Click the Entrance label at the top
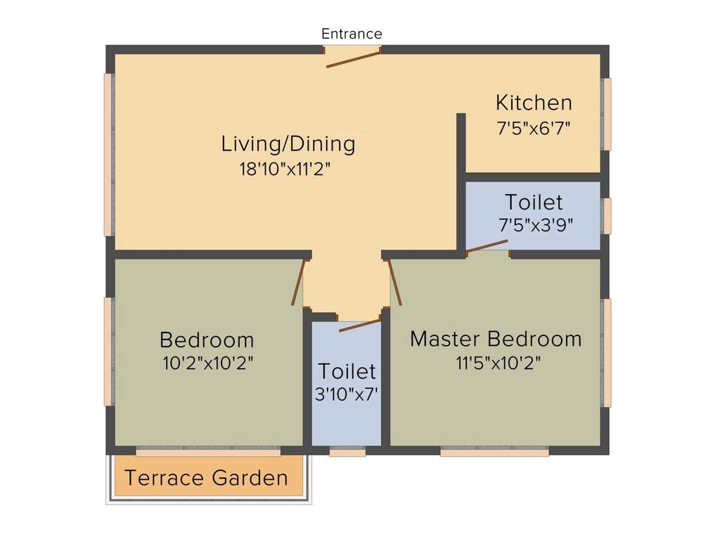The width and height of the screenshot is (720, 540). (352, 34)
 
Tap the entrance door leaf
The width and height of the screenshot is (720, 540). (353, 59)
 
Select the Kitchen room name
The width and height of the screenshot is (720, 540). (534, 103)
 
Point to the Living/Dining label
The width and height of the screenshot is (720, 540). (288, 144)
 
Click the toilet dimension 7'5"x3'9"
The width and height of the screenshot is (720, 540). (535, 225)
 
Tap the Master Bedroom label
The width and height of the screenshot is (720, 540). (496, 339)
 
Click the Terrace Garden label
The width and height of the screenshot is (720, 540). (206, 479)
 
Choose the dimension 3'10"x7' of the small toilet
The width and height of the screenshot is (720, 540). (347, 394)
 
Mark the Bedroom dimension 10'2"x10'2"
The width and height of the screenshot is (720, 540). (207, 364)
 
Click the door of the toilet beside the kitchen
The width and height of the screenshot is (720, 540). (487, 245)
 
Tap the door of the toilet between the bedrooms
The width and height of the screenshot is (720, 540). (359, 326)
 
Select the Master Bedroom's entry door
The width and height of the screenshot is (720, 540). (394, 282)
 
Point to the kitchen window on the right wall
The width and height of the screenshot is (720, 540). (606, 114)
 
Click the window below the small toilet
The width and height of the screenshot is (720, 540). (347, 453)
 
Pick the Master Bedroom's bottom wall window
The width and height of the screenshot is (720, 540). (494, 453)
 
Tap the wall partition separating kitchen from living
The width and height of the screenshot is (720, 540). (461, 144)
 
